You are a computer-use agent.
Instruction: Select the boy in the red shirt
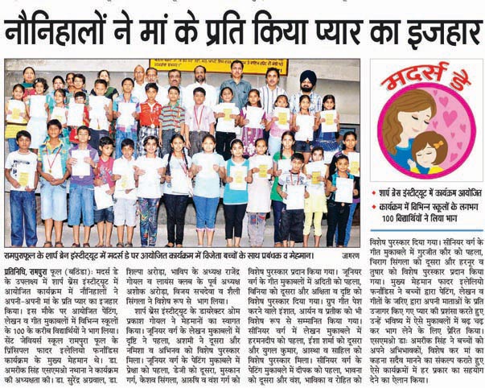point(149,113)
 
